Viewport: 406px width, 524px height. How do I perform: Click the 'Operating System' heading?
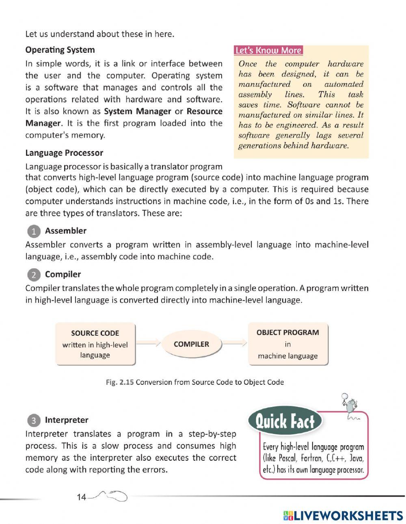coord(60,50)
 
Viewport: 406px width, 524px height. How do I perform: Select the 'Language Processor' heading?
coord(64,153)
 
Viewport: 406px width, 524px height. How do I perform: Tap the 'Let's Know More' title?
coord(268,50)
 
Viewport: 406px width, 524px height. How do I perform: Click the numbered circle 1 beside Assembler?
coord(34,231)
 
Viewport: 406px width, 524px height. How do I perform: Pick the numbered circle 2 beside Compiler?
coord(34,275)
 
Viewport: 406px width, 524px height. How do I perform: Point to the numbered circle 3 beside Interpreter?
coord(34,420)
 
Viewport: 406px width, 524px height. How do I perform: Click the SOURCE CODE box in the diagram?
coord(95,344)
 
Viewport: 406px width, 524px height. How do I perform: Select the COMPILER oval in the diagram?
coord(191,344)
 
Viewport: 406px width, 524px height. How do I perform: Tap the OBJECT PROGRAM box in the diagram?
coord(287,344)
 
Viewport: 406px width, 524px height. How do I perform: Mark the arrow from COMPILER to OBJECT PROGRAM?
coord(235,344)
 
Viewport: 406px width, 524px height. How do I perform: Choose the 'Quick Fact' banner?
coord(285,422)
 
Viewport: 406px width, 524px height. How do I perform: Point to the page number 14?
coord(81,497)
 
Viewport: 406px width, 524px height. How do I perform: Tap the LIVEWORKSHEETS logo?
coord(343,515)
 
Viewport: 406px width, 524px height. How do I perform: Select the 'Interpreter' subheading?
coord(67,420)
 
